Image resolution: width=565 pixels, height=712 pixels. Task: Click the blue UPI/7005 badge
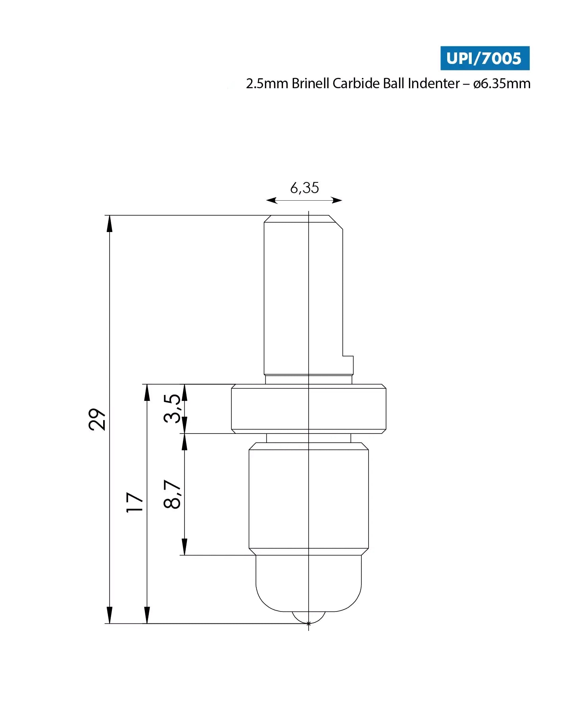pyautogui.click(x=484, y=58)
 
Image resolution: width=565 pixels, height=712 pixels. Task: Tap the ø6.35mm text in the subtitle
pyautogui.click(x=502, y=83)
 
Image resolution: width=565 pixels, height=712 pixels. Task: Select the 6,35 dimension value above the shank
pyautogui.click(x=304, y=188)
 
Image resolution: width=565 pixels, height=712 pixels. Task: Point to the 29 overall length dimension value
pyautogui.click(x=97, y=419)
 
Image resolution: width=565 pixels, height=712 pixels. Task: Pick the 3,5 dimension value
pyautogui.click(x=173, y=408)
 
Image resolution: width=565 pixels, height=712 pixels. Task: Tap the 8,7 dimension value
pyautogui.click(x=173, y=494)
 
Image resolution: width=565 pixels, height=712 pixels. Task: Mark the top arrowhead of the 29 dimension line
pyautogui.click(x=110, y=224)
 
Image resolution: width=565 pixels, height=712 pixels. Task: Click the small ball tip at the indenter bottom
pyautogui.click(x=309, y=618)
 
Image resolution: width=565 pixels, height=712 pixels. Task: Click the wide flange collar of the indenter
pyautogui.click(x=309, y=409)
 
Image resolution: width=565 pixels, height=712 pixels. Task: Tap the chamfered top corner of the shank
pyautogui.click(x=336, y=222)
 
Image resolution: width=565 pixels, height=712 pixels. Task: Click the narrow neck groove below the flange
pyautogui.click(x=309, y=438)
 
